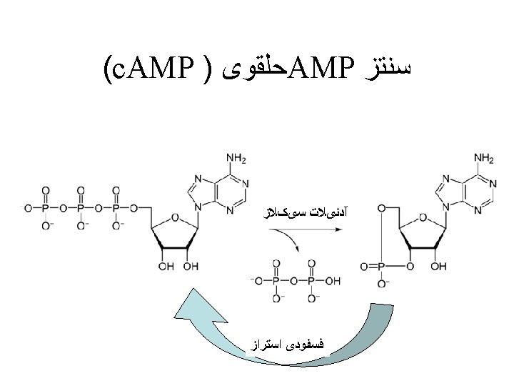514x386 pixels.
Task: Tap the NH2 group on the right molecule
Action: (483, 157)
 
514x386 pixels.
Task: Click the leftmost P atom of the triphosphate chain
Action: (46, 208)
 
